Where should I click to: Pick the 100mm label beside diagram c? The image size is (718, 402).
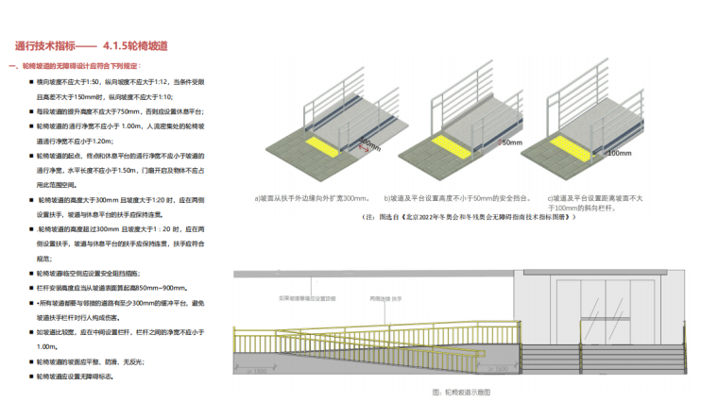click(619, 152)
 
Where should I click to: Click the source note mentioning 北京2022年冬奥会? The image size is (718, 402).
click(469, 216)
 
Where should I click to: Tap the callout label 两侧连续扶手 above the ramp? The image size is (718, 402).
click(385, 298)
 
